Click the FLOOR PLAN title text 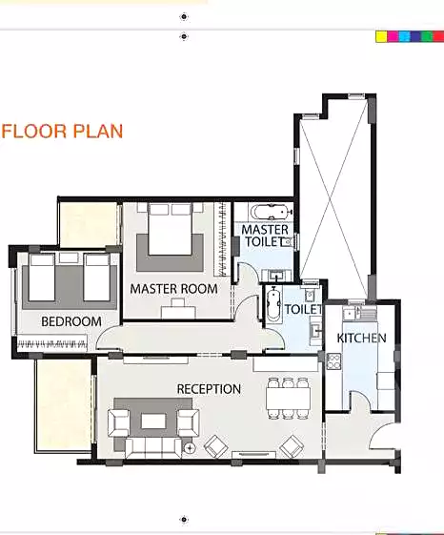pyautogui.click(x=63, y=131)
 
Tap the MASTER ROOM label pyautogui.click(x=173, y=289)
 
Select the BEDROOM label pyautogui.click(x=71, y=322)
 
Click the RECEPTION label pyautogui.click(x=209, y=389)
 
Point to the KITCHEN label pyautogui.click(x=362, y=339)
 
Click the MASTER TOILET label pyautogui.click(x=265, y=237)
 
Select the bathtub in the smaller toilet pyautogui.click(x=273, y=306)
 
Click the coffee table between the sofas pyautogui.click(x=153, y=420)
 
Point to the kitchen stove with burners pyautogui.click(x=333, y=361)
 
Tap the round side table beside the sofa pyautogui.click(x=190, y=447)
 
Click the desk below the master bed pyautogui.click(x=175, y=307)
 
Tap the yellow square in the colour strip pyautogui.click(x=380, y=36)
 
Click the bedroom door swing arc pyautogui.click(x=108, y=339)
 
